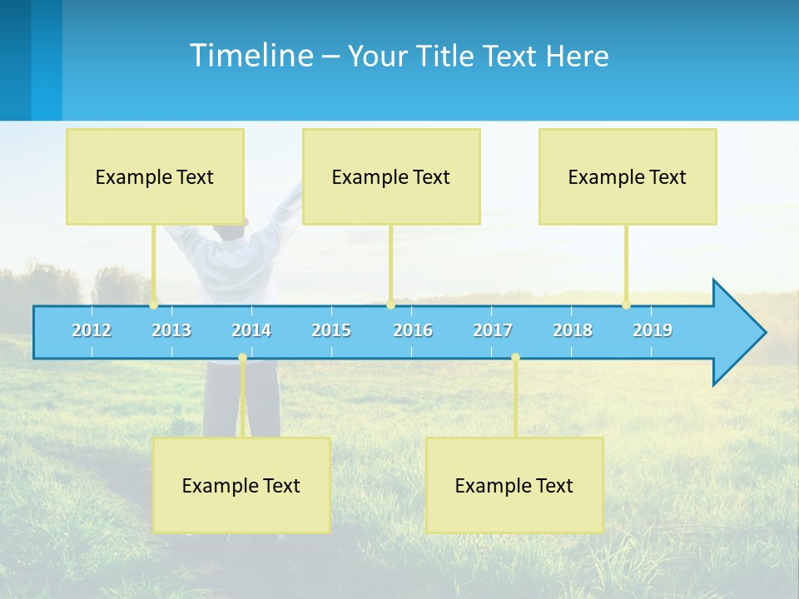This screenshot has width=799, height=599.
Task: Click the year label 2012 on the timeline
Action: pyautogui.click(x=92, y=330)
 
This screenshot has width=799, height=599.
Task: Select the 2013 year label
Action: pyautogui.click(x=171, y=330)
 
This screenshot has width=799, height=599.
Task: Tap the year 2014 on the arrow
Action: pyautogui.click(x=251, y=330)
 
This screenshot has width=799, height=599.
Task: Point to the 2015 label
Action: pyautogui.click(x=331, y=330)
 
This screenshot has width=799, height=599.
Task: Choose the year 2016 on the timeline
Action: pyautogui.click(x=413, y=330)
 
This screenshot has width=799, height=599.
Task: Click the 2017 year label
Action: pyautogui.click(x=493, y=330)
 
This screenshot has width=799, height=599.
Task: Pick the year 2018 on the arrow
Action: pyautogui.click(x=573, y=330)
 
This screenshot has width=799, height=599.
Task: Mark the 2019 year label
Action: pyautogui.click(x=653, y=330)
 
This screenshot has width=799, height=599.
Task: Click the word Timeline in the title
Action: pyautogui.click(x=251, y=56)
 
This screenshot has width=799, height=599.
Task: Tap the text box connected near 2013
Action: pyautogui.click(x=155, y=176)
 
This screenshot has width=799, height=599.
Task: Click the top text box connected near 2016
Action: pyautogui.click(x=391, y=176)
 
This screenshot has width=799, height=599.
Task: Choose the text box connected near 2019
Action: pyautogui.click(x=628, y=176)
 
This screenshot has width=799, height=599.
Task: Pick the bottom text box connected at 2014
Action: pyautogui.click(x=241, y=485)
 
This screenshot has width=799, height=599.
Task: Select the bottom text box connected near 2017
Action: pyautogui.click(x=514, y=485)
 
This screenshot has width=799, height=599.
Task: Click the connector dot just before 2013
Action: pyautogui.click(x=154, y=304)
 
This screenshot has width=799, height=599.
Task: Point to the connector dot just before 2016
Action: pyautogui.click(x=390, y=304)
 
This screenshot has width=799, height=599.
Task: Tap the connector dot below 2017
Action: pyautogui.click(x=515, y=358)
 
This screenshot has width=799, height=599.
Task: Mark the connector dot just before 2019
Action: pyautogui.click(x=627, y=304)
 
